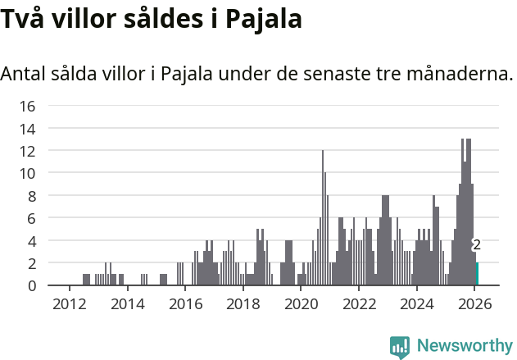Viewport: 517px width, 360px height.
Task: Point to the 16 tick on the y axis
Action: [x=27, y=106]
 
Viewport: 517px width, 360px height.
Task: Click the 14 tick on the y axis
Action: [x=27, y=129]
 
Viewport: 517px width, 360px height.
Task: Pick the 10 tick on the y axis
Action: [x=27, y=173]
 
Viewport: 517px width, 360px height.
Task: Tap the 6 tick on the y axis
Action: [x=31, y=218]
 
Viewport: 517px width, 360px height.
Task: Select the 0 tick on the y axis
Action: [x=31, y=285]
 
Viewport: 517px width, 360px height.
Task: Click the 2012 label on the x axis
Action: [x=69, y=304]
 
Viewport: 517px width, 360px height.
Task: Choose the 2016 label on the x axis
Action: [x=184, y=304]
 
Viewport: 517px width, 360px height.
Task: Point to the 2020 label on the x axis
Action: [x=301, y=304]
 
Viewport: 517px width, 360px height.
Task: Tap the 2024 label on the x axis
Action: [x=416, y=304]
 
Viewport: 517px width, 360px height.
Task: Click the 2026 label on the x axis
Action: [x=474, y=304]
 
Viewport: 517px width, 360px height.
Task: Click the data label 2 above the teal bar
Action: [x=476, y=244]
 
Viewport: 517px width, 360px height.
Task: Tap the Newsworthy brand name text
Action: [x=464, y=345]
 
